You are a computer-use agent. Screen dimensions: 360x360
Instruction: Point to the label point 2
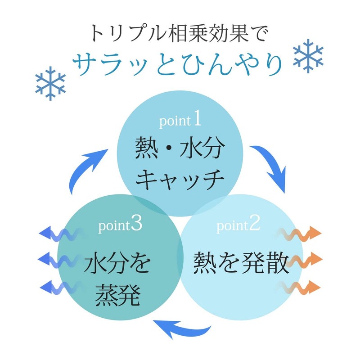click(238, 225)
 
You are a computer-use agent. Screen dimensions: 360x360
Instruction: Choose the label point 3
click(120, 225)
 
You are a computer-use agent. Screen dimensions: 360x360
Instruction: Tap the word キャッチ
click(180, 180)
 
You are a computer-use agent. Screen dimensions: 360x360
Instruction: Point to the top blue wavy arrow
click(61, 234)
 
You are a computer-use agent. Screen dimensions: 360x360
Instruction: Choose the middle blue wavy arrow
click(61, 260)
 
